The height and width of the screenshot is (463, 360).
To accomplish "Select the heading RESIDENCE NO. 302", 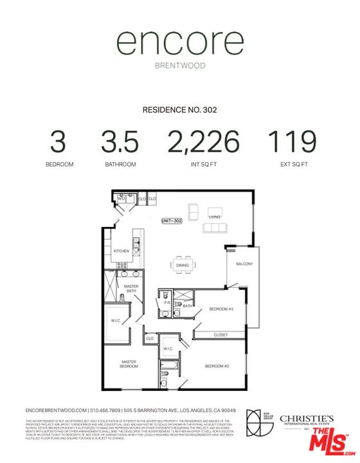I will point(179,110).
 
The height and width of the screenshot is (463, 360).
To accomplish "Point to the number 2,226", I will point(203,142).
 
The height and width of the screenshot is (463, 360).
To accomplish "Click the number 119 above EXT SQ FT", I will point(292,142).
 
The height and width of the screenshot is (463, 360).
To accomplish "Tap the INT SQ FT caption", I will point(203,165).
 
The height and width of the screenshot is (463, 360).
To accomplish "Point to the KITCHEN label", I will point(122,251).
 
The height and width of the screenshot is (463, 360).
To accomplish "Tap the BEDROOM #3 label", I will point(222,309).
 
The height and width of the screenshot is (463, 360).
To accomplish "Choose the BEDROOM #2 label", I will point(217,366).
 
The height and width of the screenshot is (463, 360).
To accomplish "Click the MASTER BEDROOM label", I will point(129,364).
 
